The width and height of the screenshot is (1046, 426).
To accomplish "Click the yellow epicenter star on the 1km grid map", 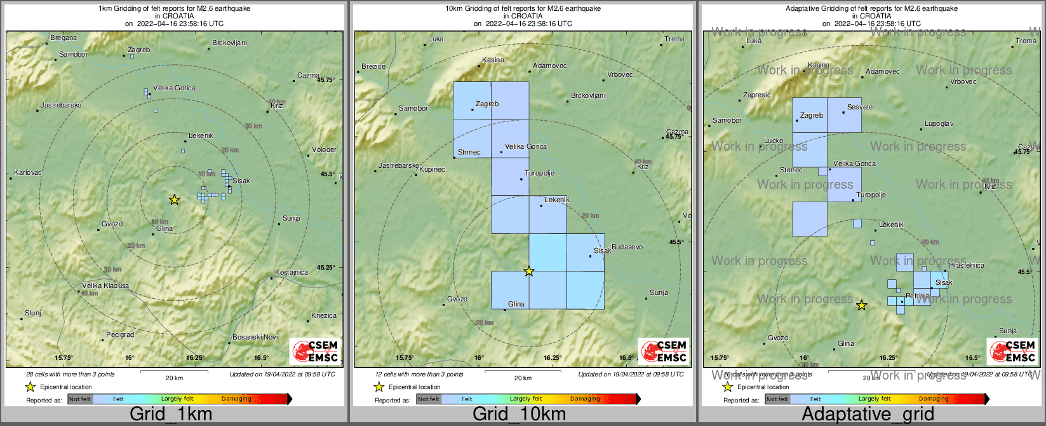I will click(x=174, y=200).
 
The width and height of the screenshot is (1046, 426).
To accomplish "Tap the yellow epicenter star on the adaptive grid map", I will click(x=861, y=306).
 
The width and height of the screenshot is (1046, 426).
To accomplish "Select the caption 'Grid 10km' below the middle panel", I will click(x=519, y=415).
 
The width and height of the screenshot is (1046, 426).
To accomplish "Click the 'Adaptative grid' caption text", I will click(x=868, y=415).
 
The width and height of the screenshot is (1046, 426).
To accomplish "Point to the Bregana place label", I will click(x=64, y=38).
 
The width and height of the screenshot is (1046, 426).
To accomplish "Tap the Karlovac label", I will click(x=28, y=173).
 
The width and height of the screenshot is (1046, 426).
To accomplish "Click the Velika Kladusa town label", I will click(x=105, y=286).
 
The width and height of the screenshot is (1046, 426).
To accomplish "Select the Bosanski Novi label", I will click(x=255, y=337).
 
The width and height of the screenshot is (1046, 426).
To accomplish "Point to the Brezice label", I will click(x=373, y=66).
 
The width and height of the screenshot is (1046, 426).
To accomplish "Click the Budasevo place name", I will click(x=627, y=247).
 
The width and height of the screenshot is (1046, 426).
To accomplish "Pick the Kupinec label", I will click(x=432, y=170).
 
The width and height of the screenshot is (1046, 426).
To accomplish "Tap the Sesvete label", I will click(x=860, y=107).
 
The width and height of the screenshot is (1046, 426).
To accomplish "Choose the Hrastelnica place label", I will click(x=967, y=266).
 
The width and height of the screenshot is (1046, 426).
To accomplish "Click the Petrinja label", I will click(x=918, y=296).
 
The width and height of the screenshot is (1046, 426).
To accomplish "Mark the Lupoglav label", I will click(x=939, y=124).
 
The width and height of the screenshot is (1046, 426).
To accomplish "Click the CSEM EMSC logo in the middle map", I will click(x=664, y=352).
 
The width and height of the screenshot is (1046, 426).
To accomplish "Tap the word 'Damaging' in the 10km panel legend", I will click(x=585, y=399).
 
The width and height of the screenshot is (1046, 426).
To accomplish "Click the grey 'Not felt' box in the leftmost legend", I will click(x=80, y=399).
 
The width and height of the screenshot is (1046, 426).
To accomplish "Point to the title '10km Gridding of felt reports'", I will click(x=523, y=9).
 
